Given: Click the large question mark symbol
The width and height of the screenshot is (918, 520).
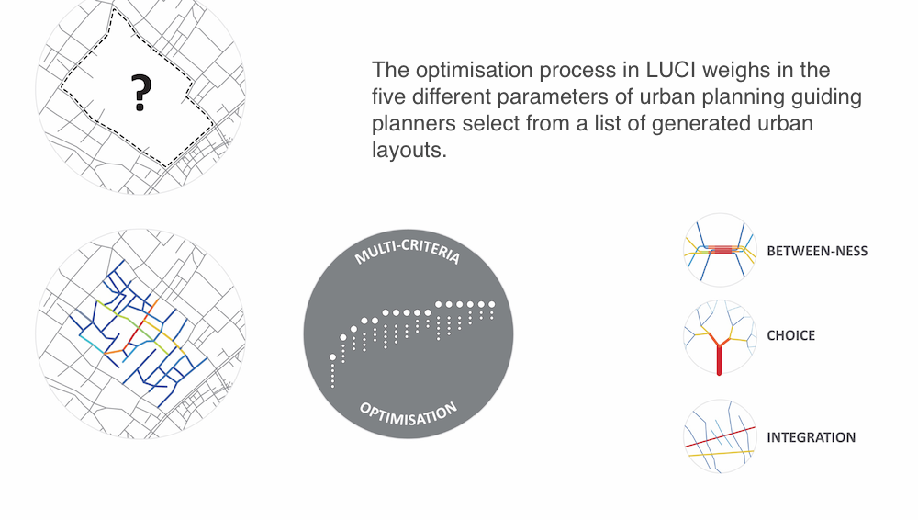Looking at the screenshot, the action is pos(141,93).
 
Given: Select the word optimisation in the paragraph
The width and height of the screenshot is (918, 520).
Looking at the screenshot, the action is pos(475,71).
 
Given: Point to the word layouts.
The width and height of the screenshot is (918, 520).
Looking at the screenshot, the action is pos(409,150).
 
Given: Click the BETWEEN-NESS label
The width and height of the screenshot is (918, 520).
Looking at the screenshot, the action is pos(817,251).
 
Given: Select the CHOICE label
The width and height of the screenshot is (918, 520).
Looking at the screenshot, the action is pos(791,335).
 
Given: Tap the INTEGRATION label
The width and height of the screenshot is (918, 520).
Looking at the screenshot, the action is pos(812,437).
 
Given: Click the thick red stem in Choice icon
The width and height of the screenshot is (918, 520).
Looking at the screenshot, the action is pos(719,359).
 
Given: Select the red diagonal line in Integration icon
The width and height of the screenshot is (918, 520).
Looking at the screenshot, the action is pos(720,437).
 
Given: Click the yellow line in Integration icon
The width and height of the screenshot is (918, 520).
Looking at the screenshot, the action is pos(720,453).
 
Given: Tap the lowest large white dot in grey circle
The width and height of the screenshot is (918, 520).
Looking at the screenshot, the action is pos(332,357).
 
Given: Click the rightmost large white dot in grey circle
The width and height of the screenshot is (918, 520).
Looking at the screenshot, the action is pos(492,304).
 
